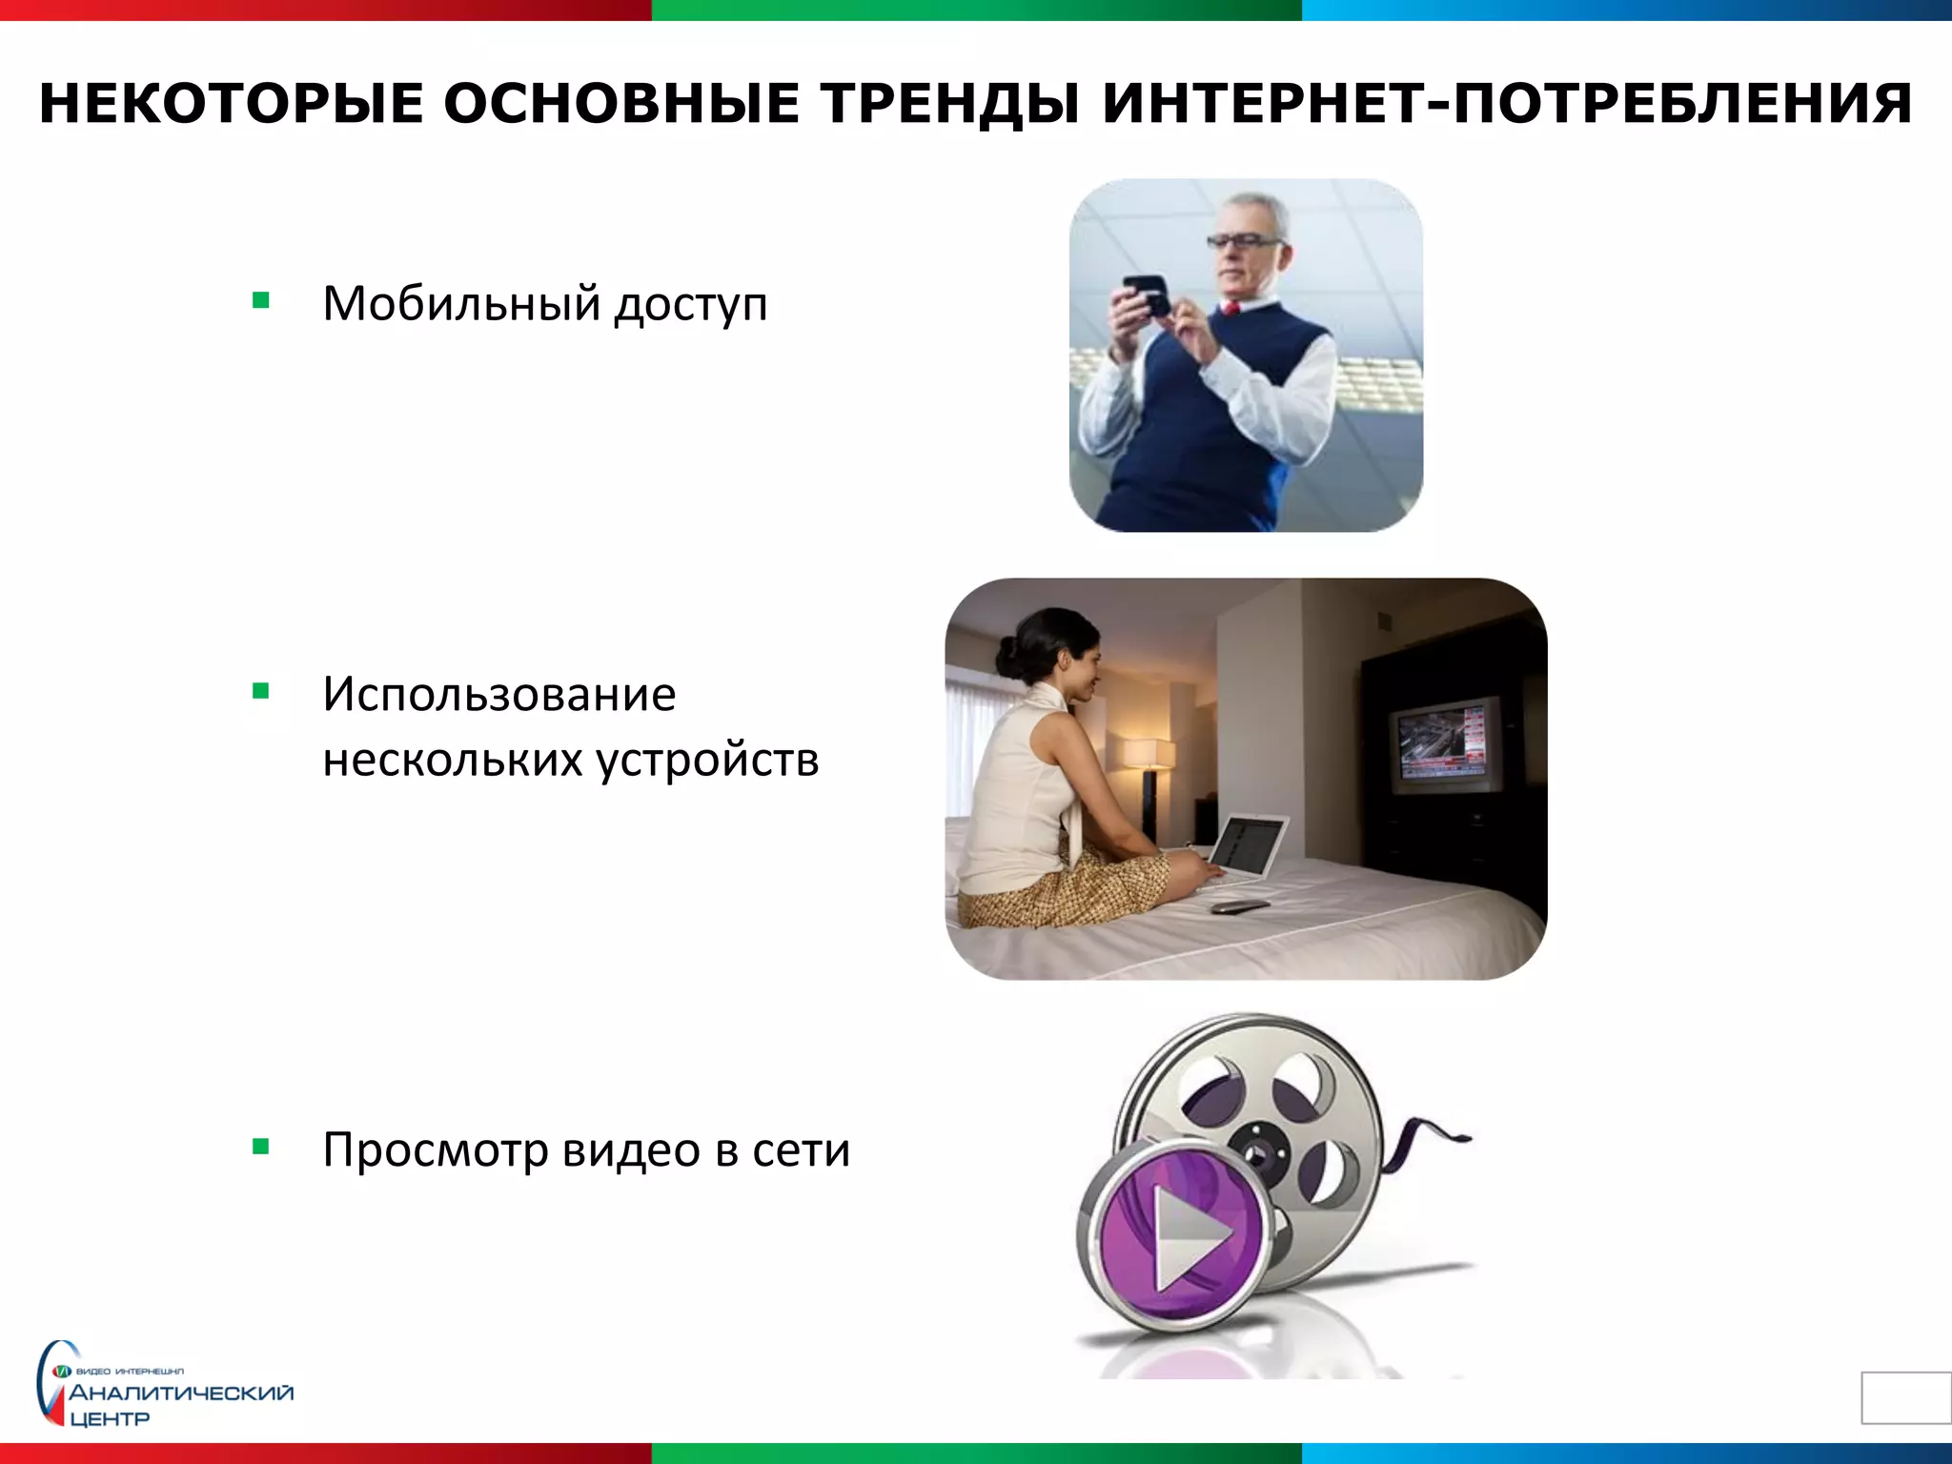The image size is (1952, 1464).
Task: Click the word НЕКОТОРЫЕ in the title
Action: pyautogui.click(x=231, y=104)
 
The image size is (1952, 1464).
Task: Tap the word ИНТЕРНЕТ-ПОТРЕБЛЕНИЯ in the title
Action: pyautogui.click(x=1507, y=104)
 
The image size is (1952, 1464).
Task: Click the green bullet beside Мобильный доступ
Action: pyautogui.click(x=261, y=301)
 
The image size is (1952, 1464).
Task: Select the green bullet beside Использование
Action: pyautogui.click(x=261, y=691)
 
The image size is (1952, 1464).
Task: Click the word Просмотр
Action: pyautogui.click(x=435, y=1150)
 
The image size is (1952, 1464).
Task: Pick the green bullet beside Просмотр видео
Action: pyautogui.click(x=261, y=1147)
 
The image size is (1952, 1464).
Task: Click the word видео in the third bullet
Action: pyautogui.click(x=631, y=1150)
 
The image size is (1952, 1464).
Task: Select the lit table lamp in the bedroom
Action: pyautogui.click(x=1149, y=753)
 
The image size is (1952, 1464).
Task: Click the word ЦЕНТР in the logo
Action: pyautogui.click(x=110, y=1419)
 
